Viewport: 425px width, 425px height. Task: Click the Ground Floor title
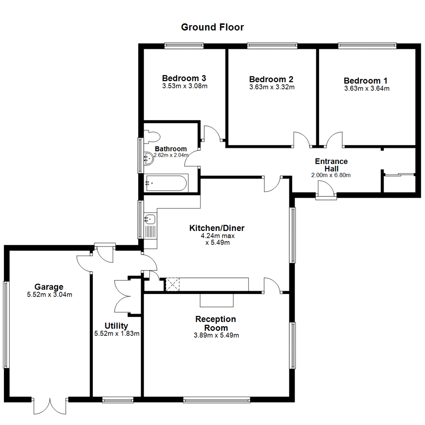coord(212,27)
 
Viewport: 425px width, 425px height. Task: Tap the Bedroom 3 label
coord(185,78)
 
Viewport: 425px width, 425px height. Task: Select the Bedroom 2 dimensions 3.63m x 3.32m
coord(272,87)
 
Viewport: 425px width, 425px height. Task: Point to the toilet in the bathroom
coord(152,136)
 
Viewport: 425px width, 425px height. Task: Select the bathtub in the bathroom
coord(165,183)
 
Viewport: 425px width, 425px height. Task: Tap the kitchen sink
coord(150,219)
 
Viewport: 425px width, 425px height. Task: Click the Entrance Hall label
coord(331,165)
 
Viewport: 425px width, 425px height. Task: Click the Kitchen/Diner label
coord(217,228)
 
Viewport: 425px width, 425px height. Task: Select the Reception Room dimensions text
coord(216,336)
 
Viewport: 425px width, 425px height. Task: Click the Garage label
coord(49,286)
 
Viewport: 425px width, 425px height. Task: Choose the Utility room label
coord(116,326)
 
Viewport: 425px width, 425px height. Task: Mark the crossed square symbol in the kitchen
coord(172,284)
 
